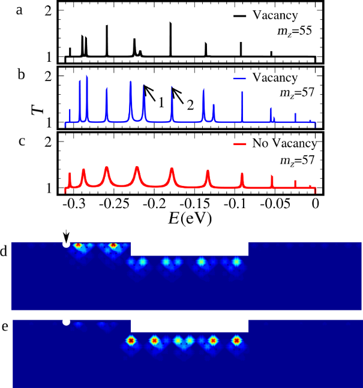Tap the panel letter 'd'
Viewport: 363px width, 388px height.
point(5,251)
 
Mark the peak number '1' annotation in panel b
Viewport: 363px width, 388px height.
point(160,103)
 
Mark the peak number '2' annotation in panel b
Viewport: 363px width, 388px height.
point(190,106)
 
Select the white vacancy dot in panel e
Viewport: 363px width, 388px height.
point(66,322)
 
